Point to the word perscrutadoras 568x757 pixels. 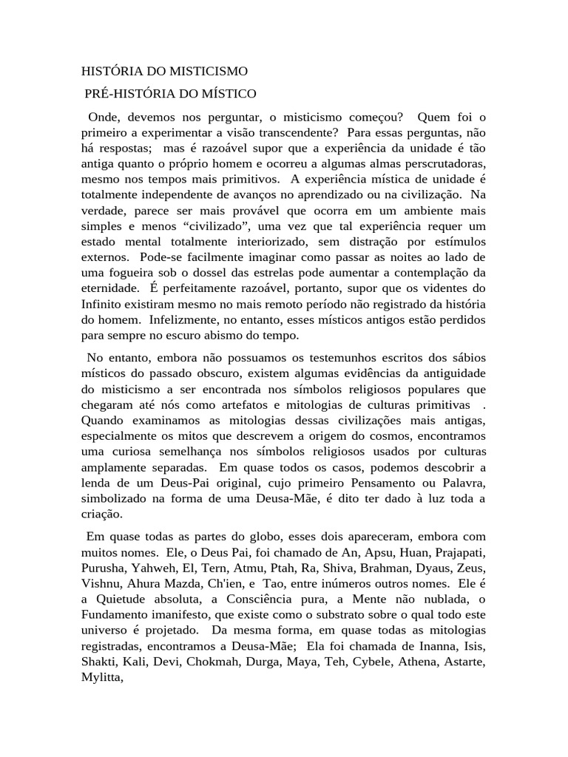(439, 163)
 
